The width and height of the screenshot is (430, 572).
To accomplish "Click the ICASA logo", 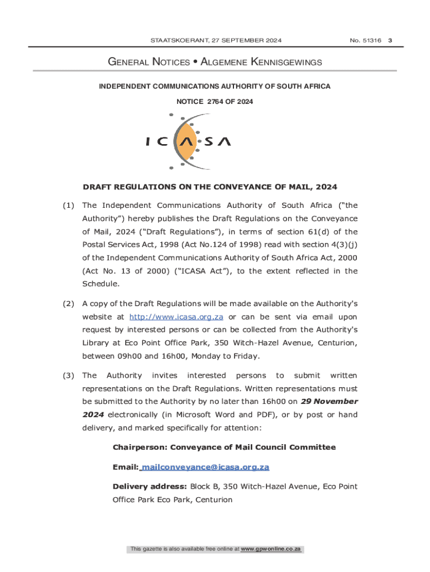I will (188, 142).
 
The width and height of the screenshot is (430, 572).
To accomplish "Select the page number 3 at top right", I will (390, 40).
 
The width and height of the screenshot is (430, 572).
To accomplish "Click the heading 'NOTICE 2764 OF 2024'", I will (214, 102).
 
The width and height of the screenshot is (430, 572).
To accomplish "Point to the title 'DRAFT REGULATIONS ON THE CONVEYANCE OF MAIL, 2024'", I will (210, 187).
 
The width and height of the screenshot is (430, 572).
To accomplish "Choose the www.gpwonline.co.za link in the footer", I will (271, 549).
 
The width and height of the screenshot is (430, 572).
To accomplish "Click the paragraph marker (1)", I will (68, 206).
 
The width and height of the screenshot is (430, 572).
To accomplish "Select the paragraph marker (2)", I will (68, 304).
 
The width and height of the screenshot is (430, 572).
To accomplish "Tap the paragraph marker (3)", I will (68, 375).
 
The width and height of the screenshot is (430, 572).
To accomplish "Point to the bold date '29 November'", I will (329, 402).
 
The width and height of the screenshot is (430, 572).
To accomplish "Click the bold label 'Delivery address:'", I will (150, 487).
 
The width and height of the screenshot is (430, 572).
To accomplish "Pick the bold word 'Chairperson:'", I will (140, 447).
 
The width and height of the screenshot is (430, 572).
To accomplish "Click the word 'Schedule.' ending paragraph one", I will (100, 284).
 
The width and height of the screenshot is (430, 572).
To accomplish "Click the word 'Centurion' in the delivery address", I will (214, 499).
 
